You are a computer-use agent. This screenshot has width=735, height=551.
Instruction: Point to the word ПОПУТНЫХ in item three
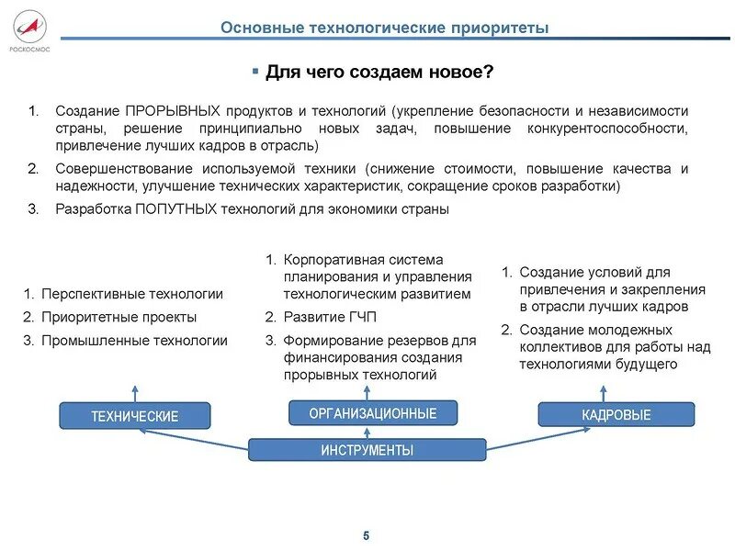(x=175, y=208)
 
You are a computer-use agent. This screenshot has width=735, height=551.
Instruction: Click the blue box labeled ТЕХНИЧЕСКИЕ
(x=134, y=416)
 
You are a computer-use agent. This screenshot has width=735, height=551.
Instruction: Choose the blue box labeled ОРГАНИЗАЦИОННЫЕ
(x=372, y=413)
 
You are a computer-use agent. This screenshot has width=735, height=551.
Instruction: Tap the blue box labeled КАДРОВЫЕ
(x=616, y=415)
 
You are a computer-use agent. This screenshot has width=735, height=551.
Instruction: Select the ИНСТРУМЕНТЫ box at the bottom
(x=367, y=450)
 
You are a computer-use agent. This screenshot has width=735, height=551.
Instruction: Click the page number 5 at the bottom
(x=366, y=536)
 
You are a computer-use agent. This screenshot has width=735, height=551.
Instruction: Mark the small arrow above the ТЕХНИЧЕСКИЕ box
(x=135, y=390)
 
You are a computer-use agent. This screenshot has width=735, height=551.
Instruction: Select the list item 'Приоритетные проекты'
(x=119, y=317)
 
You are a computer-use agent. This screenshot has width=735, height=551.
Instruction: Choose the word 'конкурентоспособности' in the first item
(x=607, y=128)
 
